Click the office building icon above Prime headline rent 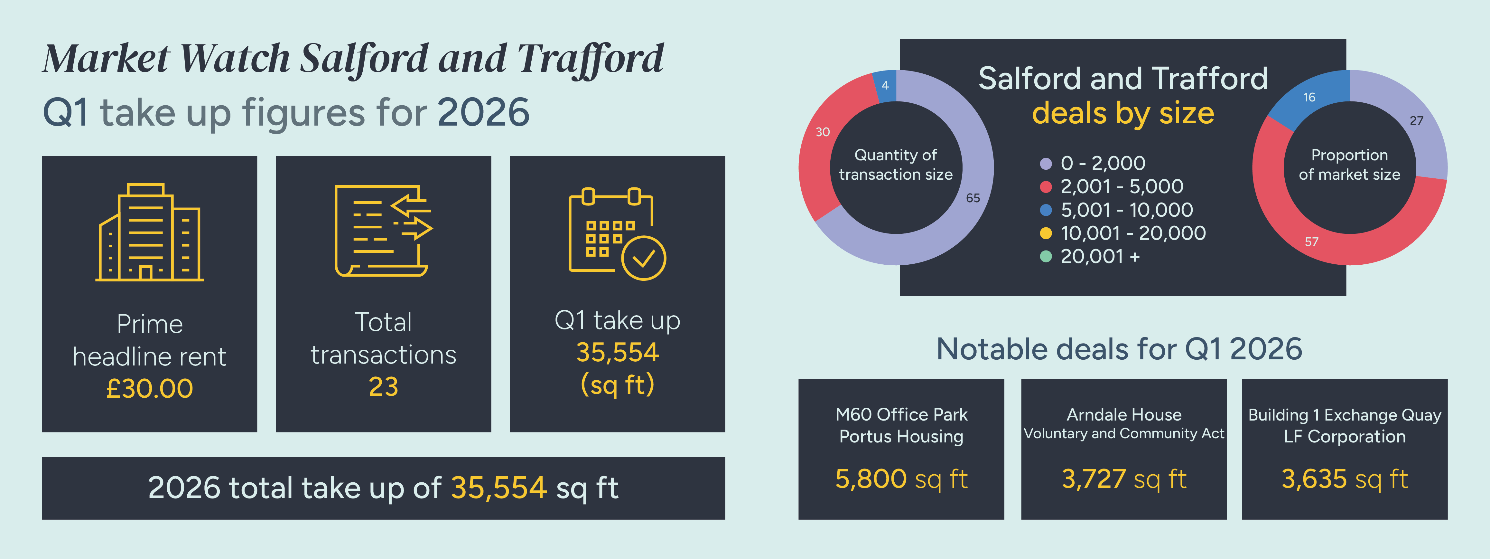pos(149,232)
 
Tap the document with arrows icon pos(383,231)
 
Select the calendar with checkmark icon pos(617,234)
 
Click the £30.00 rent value pos(149,388)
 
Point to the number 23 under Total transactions pos(384,386)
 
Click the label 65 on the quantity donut pos(973,198)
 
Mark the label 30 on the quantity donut pos(823,132)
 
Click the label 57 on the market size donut pos(1311,242)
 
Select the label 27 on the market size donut pos(1416,120)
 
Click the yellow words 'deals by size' pos(1123,112)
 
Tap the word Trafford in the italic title pos(590,59)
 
